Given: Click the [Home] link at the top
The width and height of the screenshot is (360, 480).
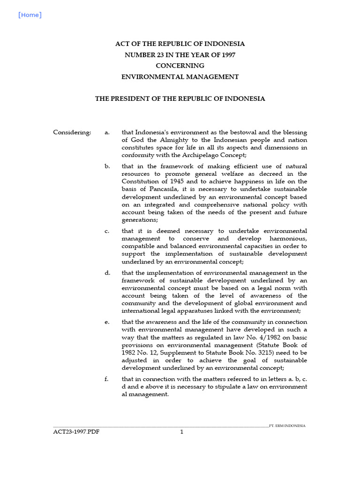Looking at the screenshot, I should click(x=30, y=15).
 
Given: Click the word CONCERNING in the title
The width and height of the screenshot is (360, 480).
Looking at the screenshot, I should click(x=180, y=66).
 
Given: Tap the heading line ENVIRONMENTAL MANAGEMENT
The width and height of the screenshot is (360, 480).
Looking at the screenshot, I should click(x=180, y=77).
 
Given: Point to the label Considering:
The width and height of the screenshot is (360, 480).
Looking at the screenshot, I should click(x=72, y=133).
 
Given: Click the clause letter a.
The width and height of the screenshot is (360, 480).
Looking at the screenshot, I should click(x=107, y=133).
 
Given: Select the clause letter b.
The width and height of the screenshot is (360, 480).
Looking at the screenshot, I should click(x=107, y=166).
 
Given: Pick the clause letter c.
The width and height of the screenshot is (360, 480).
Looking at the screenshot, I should click(x=107, y=231).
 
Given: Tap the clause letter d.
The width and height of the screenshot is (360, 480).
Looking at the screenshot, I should click(x=107, y=273).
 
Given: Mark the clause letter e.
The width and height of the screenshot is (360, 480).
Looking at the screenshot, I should click(x=107, y=322).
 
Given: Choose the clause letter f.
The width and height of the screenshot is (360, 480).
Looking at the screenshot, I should click(x=107, y=379).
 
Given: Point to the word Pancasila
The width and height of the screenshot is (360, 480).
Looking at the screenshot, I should click(x=155, y=189).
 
